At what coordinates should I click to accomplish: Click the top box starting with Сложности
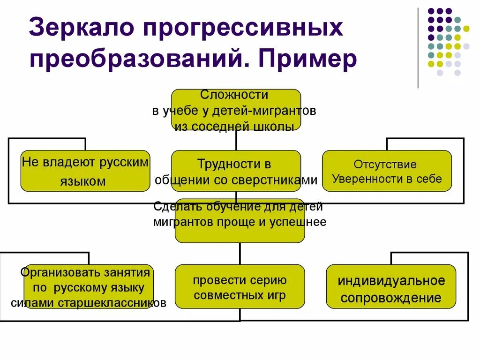point(236,110)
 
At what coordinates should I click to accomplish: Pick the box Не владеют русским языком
point(85,171)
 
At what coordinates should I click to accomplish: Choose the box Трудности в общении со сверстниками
point(236,171)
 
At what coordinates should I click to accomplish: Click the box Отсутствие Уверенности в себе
point(387,171)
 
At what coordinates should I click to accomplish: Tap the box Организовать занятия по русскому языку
point(89,286)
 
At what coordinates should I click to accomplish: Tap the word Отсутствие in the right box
point(385,165)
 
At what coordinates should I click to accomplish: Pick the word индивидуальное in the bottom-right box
point(391,281)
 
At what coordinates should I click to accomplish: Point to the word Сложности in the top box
point(234,95)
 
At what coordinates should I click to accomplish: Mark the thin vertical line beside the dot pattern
point(418,47)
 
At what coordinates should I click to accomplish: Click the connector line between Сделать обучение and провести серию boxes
point(240,254)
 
